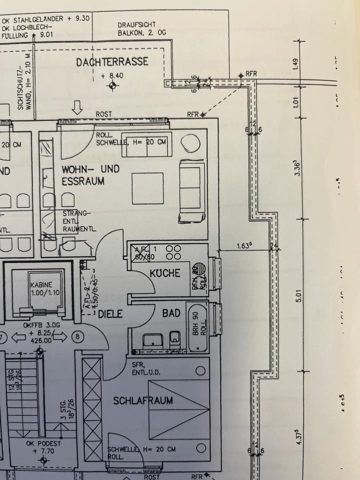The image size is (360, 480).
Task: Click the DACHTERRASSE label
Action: [112, 62]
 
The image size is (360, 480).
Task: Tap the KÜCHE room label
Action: [165, 273]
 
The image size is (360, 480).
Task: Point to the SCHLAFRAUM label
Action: [136, 400]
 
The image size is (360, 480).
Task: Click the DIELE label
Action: [110, 314]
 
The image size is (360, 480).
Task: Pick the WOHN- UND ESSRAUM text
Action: [90, 175]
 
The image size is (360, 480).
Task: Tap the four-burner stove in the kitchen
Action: [173, 252]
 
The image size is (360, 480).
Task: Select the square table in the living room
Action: [147, 188]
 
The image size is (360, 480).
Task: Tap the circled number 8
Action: [77, 336]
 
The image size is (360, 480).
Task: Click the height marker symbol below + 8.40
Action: [112, 86]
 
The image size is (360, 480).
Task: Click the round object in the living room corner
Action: [190, 143]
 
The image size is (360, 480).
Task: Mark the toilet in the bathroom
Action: [174, 340]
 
